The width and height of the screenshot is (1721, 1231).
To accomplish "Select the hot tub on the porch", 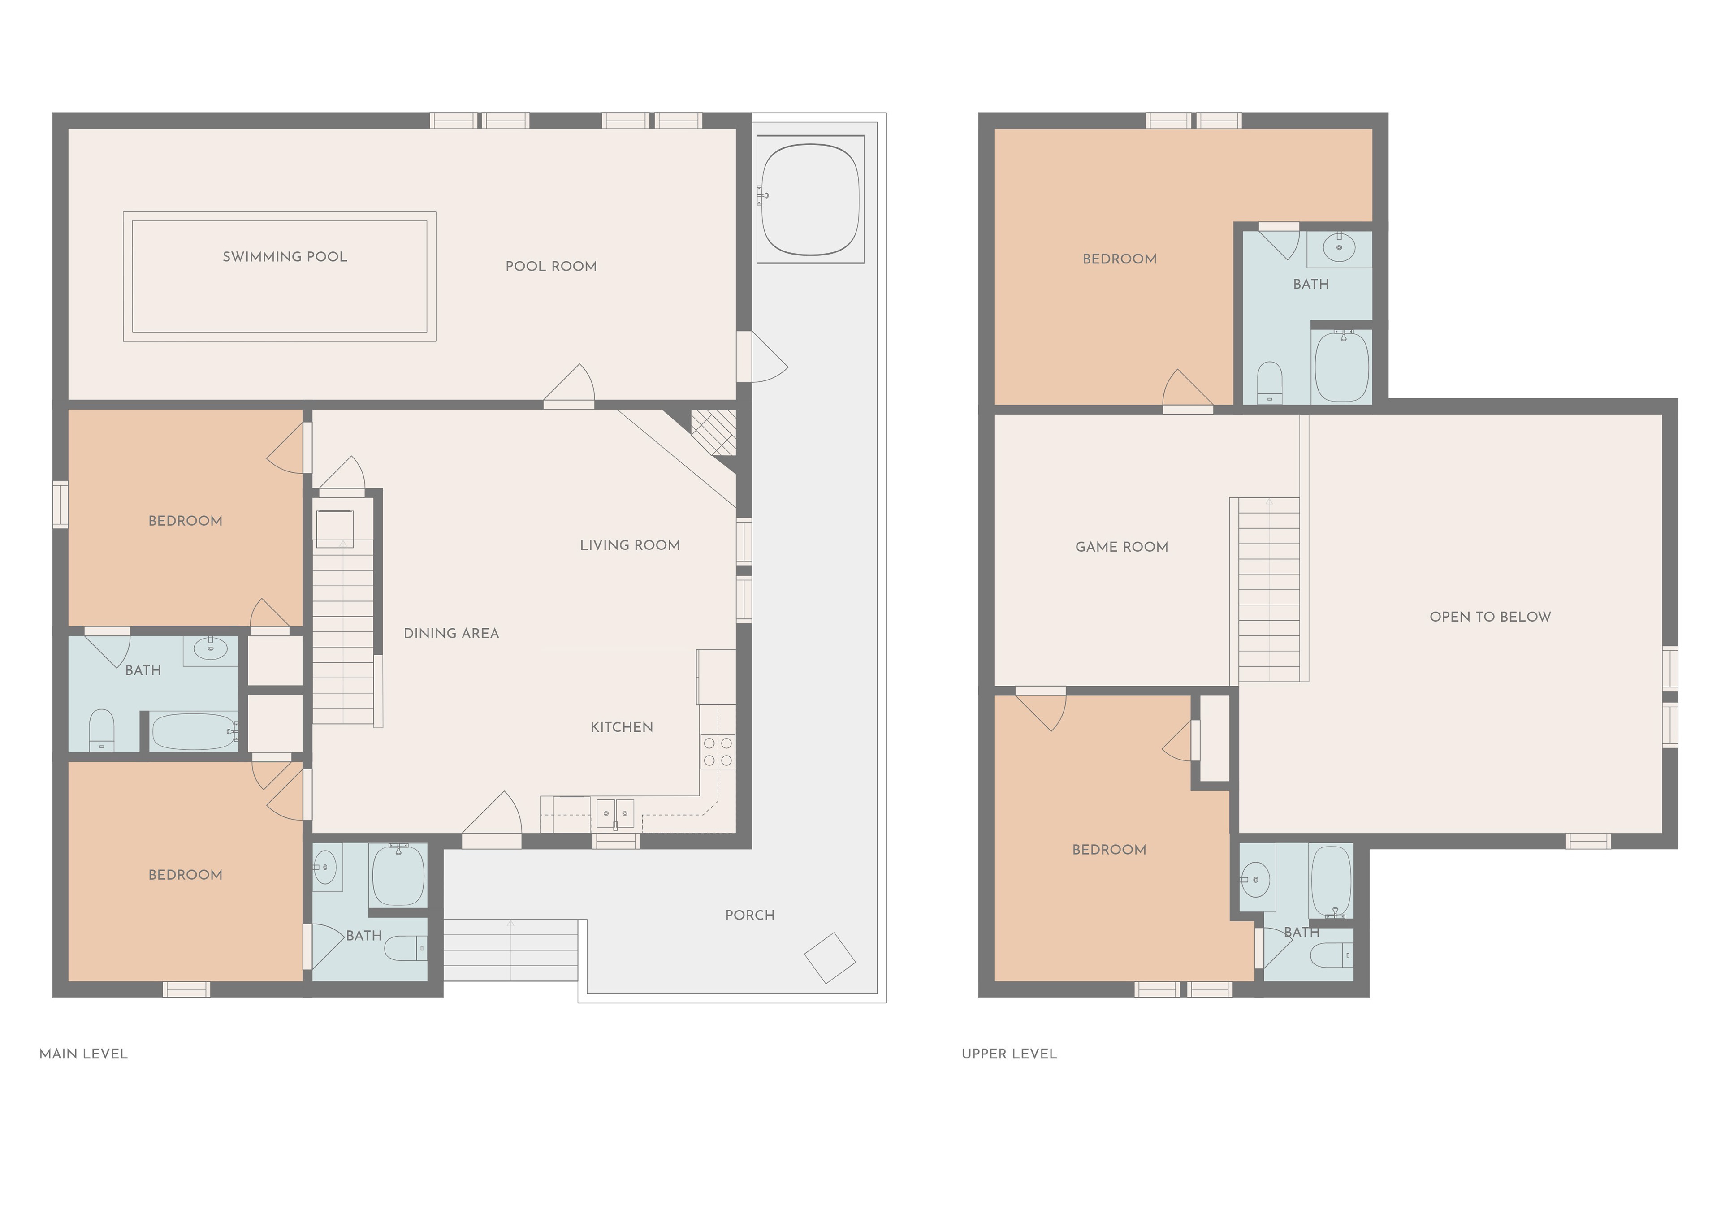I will (810, 199).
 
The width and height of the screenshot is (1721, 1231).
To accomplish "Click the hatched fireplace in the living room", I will (713, 432).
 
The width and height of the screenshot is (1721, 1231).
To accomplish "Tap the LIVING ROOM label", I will (629, 545).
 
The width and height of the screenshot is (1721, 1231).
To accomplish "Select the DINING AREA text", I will (451, 633).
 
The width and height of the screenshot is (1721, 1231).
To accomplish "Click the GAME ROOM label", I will (1121, 547).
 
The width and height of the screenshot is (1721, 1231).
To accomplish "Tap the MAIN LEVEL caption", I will (83, 1054).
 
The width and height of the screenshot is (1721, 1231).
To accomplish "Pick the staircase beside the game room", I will (1268, 590).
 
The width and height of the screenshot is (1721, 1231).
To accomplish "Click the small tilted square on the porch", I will (830, 958).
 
